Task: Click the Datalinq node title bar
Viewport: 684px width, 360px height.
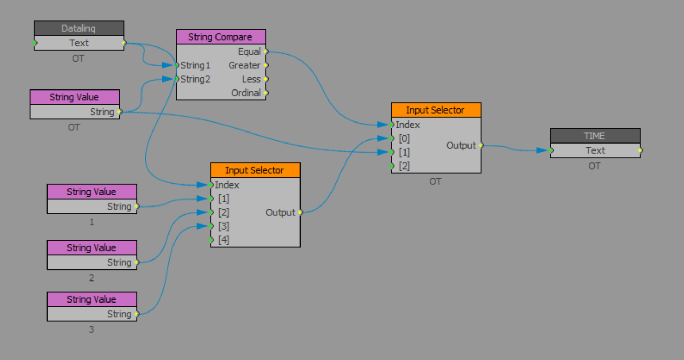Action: [x=79, y=28]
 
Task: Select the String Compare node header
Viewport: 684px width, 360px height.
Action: [x=221, y=37]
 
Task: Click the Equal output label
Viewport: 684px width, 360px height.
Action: [x=249, y=52]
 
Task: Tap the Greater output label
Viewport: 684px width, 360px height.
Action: [x=244, y=65]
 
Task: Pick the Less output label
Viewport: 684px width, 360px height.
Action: [x=251, y=79]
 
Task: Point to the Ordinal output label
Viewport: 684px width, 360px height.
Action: [x=246, y=93]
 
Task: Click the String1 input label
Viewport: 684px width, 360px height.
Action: [x=195, y=65]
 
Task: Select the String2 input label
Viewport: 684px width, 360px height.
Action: [x=195, y=79]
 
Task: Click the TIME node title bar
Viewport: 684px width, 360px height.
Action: [x=595, y=136]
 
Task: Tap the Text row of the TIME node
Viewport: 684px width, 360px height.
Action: [x=595, y=151]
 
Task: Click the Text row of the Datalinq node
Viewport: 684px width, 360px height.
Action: [x=79, y=43]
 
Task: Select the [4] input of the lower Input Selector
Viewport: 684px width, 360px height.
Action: [x=223, y=240]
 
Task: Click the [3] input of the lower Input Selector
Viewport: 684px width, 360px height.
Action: [x=223, y=226]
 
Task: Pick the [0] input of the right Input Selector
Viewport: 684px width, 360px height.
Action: [x=404, y=138]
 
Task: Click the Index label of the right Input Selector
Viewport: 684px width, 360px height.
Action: [x=408, y=125]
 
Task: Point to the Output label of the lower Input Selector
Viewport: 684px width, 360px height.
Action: [x=280, y=212]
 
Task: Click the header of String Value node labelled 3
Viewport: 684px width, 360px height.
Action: [x=92, y=299]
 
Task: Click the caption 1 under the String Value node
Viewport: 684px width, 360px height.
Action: [x=92, y=222]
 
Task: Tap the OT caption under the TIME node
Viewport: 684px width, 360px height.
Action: [x=594, y=166]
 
